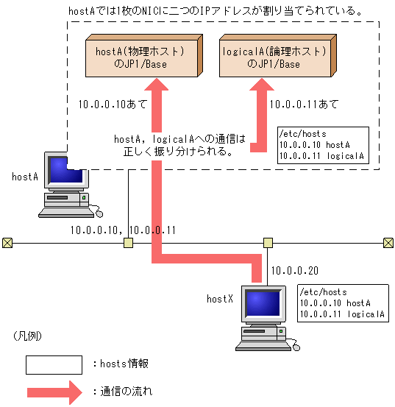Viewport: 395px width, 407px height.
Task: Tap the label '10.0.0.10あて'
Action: [112, 105]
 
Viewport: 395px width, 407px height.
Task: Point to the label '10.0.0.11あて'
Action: [305, 105]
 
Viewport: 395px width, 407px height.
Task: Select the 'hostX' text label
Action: [219, 298]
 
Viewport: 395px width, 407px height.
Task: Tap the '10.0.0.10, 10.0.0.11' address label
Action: [123, 230]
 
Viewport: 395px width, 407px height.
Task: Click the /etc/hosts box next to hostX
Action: [343, 302]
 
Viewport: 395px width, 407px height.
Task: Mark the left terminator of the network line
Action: [7, 242]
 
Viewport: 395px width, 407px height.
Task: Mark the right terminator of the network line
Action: [388, 242]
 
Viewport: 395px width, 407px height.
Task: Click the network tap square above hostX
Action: [268, 242]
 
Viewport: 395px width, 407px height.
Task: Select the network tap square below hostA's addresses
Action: [128, 242]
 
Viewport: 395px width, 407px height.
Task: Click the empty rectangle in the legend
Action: [54, 364]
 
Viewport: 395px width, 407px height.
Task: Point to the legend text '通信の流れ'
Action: [127, 391]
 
